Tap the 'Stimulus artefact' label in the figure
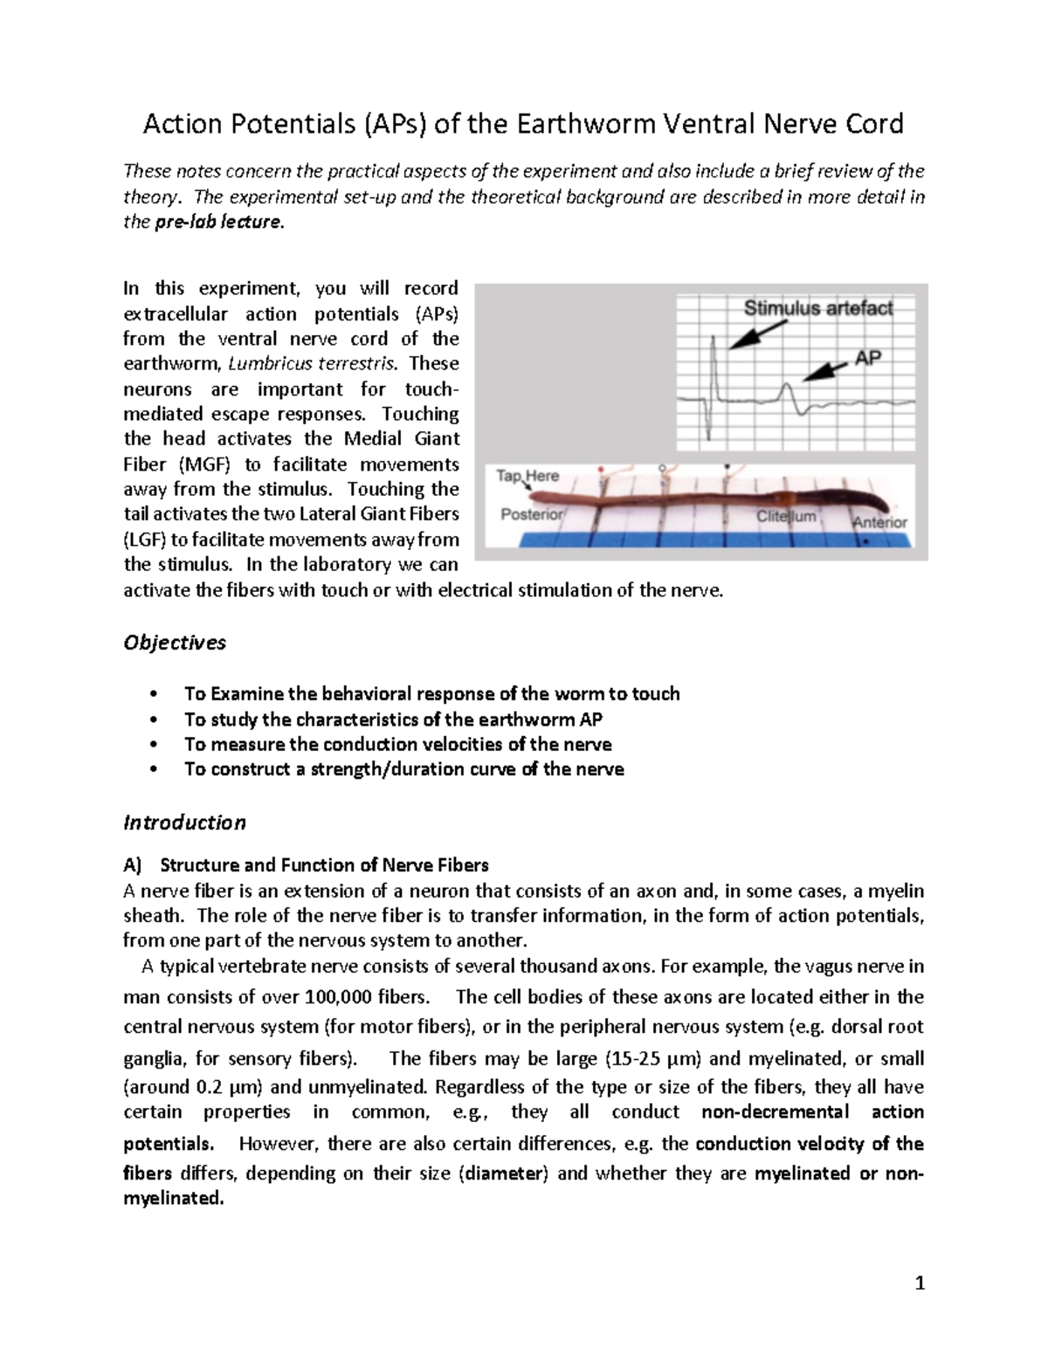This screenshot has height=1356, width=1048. [817, 307]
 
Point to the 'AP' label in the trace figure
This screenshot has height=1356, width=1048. [867, 357]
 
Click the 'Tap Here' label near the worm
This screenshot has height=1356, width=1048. [527, 476]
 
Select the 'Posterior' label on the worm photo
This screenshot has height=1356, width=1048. [532, 514]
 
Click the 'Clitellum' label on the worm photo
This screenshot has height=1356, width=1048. [786, 516]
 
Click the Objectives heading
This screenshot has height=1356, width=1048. [175, 643]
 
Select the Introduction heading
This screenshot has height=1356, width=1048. [184, 823]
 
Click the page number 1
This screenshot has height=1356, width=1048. [919, 1283]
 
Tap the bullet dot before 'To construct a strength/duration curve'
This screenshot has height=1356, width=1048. [153, 770]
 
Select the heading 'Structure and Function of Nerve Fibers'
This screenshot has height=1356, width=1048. [324, 865]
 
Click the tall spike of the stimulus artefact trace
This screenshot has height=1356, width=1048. [713, 367]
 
